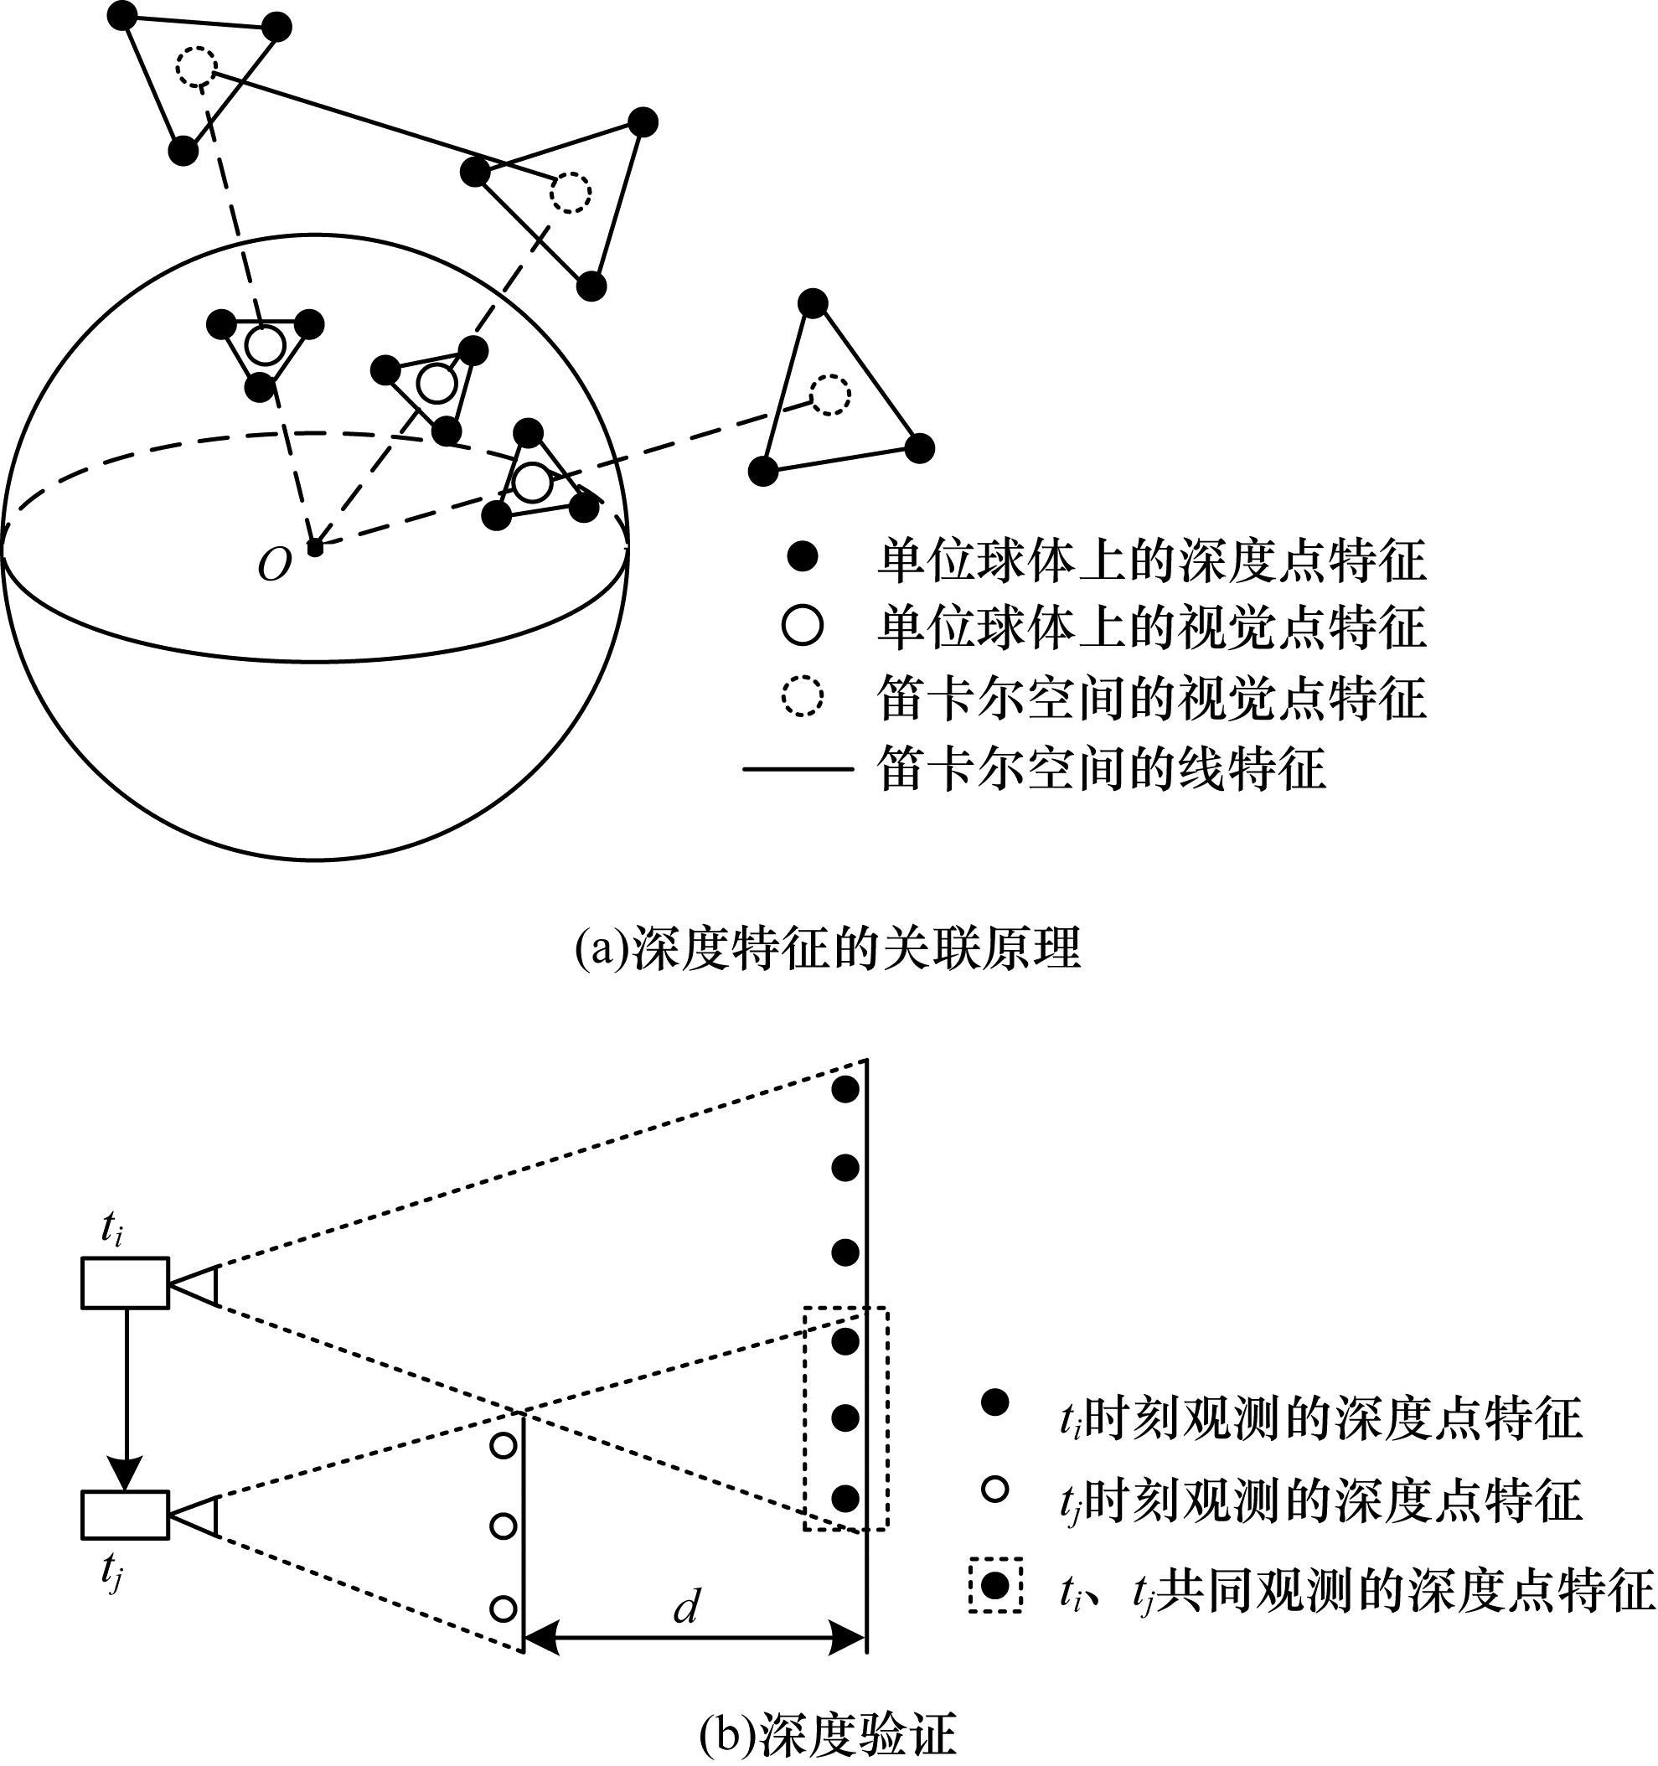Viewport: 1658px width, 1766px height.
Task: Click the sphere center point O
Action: [x=314, y=548]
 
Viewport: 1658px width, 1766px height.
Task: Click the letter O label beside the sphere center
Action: [x=274, y=564]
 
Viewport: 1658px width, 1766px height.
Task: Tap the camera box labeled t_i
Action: [x=126, y=1283]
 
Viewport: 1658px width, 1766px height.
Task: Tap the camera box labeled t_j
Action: [x=126, y=1514]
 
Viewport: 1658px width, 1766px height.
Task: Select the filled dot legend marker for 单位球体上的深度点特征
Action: [x=802, y=557]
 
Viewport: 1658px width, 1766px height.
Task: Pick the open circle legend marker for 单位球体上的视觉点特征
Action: [x=802, y=624]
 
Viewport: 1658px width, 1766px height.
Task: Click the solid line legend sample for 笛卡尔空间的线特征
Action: [x=797, y=767]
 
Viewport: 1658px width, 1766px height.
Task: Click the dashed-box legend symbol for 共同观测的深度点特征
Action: [x=995, y=1585]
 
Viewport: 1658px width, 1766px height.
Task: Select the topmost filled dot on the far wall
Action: [x=844, y=1088]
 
